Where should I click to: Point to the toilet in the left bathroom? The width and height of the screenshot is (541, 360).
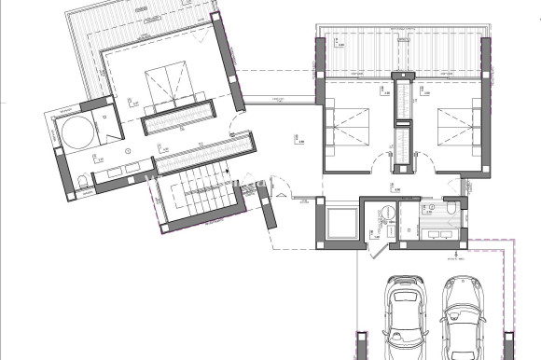(84, 180)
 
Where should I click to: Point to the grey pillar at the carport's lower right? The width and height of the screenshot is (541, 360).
(509, 345)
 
